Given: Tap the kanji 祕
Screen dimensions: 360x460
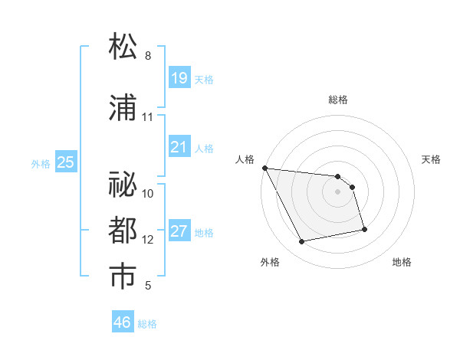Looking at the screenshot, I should click(x=124, y=185).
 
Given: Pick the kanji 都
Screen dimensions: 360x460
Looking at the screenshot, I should click(x=124, y=231).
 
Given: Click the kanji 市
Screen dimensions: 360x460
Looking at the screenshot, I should click(x=124, y=277).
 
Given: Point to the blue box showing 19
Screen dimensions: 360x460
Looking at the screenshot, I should click(x=179, y=77).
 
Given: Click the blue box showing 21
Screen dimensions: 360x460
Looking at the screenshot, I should click(x=179, y=146).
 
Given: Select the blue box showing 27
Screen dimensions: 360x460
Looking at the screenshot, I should click(x=179, y=231).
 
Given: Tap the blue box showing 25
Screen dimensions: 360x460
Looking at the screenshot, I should click(x=65, y=162).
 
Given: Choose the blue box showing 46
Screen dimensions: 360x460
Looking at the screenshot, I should click(x=122, y=322).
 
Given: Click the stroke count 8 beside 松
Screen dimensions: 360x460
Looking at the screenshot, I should click(x=148, y=56).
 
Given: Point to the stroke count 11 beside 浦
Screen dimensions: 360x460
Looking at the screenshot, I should click(x=148, y=117).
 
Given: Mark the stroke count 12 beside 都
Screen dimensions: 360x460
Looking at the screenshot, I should click(x=148, y=240).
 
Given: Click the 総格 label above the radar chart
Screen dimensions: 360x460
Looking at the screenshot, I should click(x=338, y=100).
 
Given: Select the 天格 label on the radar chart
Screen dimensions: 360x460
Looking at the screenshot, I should click(x=432, y=159).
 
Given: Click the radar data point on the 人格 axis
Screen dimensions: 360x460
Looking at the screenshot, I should click(x=264, y=168).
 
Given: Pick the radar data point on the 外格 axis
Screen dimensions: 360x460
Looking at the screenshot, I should click(x=302, y=242).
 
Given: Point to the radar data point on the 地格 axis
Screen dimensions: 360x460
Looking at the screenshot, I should click(x=363, y=229).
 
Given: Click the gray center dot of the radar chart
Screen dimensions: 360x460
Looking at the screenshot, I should click(x=338, y=191).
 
